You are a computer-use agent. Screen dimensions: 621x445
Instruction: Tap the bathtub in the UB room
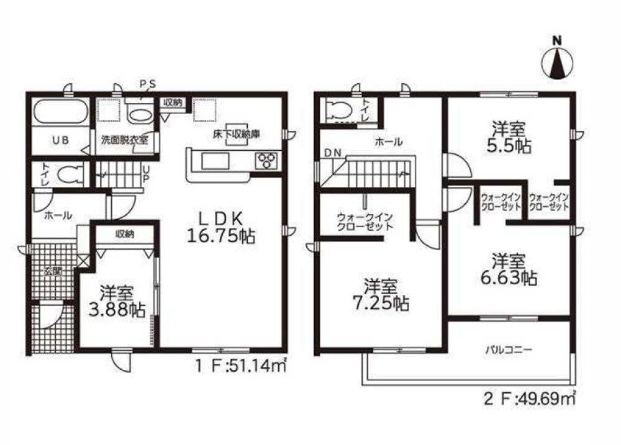(x=61, y=112)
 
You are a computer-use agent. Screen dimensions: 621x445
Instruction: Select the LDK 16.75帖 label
(x=220, y=227)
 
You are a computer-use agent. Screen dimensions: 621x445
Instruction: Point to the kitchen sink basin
(x=215, y=161)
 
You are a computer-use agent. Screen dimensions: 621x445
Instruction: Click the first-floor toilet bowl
(x=70, y=174)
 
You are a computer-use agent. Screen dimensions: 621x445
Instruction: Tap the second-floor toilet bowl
(x=339, y=109)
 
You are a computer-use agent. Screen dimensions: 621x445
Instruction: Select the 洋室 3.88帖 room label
(x=117, y=301)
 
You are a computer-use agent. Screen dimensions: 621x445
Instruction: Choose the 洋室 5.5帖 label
(x=509, y=137)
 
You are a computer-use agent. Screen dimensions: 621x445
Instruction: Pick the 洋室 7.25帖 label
(x=381, y=295)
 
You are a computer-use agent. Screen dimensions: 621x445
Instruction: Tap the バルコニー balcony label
(x=509, y=350)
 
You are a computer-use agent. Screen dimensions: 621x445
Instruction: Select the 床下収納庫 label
(x=236, y=134)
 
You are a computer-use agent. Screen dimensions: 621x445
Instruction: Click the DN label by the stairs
(x=333, y=153)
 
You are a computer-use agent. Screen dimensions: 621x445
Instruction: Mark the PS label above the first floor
(x=148, y=84)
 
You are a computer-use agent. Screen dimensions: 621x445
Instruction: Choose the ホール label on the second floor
(x=388, y=142)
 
